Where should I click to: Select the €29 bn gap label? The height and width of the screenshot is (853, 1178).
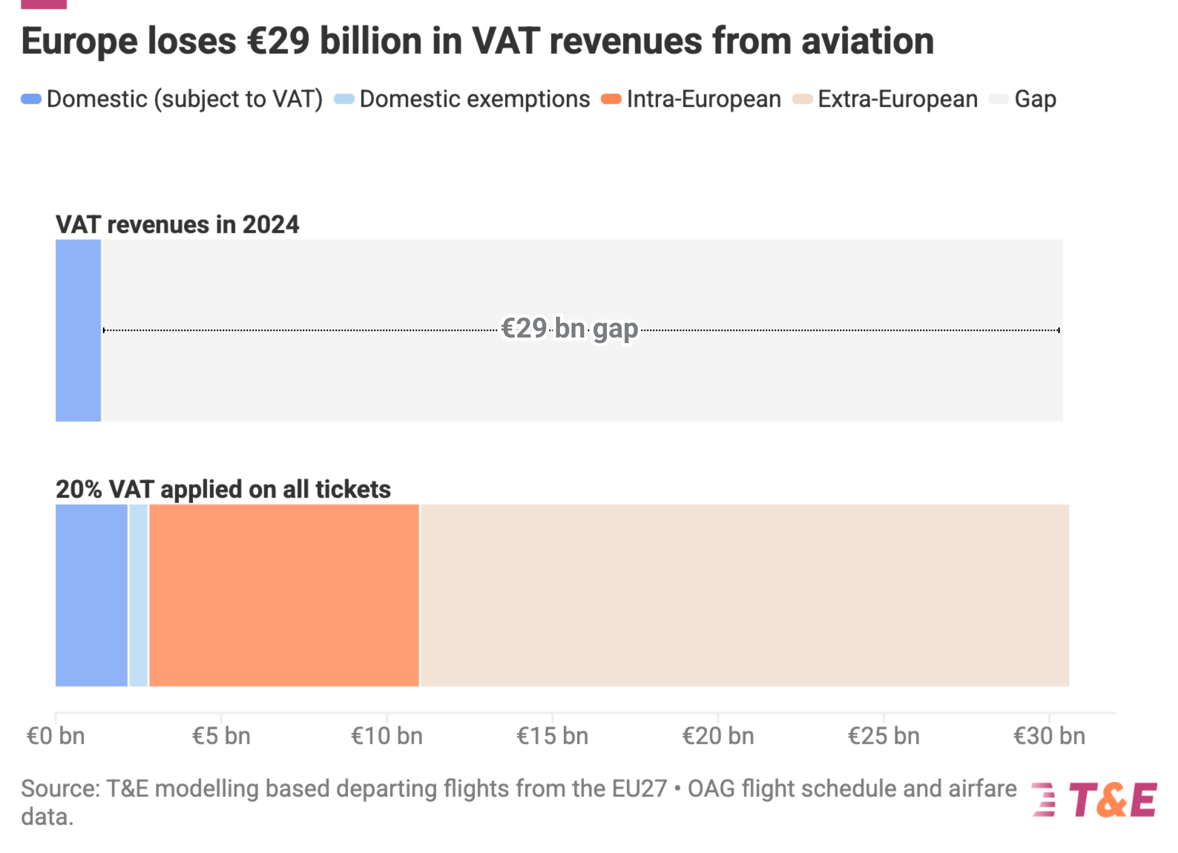pyautogui.click(x=570, y=328)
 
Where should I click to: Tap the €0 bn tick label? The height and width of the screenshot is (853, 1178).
pyautogui.click(x=56, y=736)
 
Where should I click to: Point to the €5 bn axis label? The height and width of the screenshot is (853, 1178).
pyautogui.click(x=221, y=736)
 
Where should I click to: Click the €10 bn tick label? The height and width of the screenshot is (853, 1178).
pyautogui.click(x=387, y=736)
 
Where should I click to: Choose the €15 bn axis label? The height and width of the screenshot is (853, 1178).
pyautogui.click(x=552, y=736)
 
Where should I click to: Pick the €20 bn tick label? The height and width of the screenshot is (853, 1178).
pyautogui.click(x=718, y=736)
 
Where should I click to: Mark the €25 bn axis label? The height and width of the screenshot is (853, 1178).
pyautogui.click(x=884, y=736)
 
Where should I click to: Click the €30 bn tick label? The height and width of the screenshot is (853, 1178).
pyautogui.click(x=1049, y=736)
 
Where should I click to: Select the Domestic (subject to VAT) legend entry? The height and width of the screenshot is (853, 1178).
pyautogui.click(x=171, y=99)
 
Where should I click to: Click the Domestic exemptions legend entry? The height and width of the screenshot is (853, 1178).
pyautogui.click(x=462, y=99)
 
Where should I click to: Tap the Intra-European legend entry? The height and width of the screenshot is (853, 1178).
pyautogui.click(x=691, y=99)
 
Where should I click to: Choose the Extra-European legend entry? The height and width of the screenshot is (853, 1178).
pyautogui.click(x=886, y=99)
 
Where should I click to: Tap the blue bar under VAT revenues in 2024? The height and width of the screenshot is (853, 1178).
pyautogui.click(x=78, y=330)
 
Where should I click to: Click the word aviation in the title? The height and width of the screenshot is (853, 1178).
pyautogui.click(x=867, y=41)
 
